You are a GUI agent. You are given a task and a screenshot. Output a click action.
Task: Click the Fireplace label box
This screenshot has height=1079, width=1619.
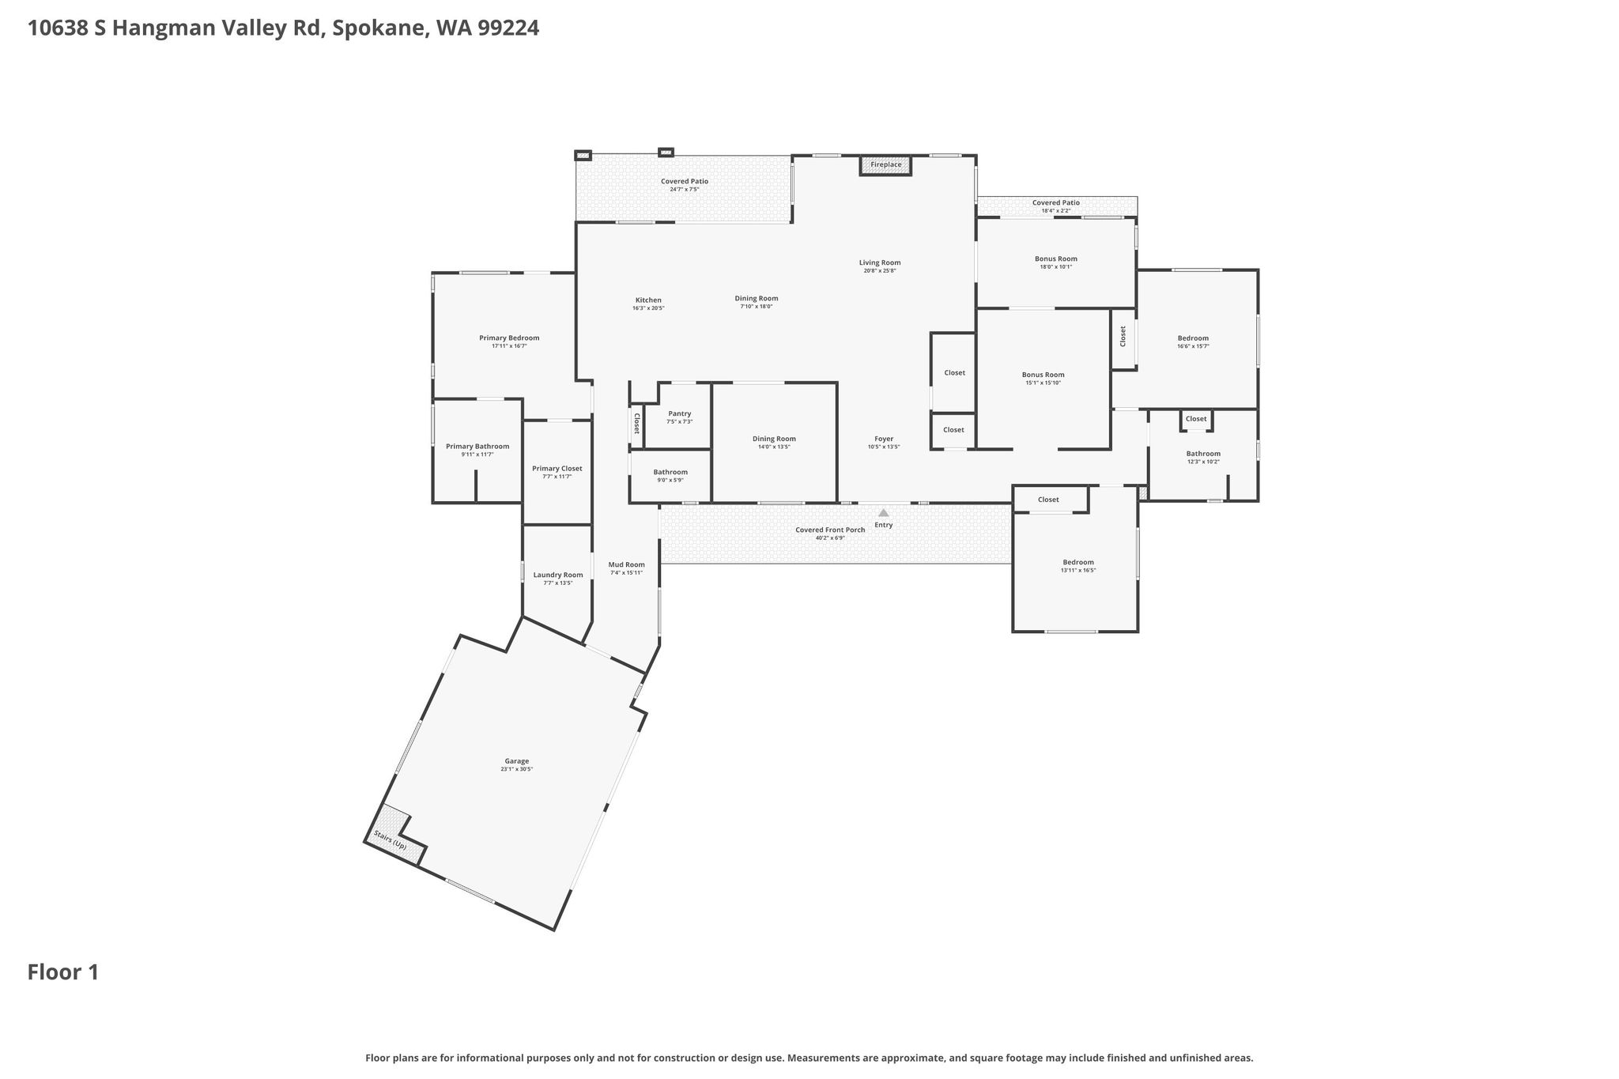885,165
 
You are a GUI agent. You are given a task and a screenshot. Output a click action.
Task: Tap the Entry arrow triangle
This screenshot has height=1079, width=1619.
884,513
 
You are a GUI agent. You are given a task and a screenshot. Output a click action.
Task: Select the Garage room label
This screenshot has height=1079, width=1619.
517,761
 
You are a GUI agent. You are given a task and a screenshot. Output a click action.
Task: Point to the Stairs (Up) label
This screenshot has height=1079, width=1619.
390,840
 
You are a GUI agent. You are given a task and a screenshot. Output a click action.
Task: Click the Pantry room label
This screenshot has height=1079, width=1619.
680,413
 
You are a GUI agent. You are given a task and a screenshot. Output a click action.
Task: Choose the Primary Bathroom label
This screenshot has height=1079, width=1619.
477,447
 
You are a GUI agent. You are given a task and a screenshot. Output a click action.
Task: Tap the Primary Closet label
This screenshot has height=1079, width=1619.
557,469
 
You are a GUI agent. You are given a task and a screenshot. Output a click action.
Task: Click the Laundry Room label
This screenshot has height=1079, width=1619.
558,575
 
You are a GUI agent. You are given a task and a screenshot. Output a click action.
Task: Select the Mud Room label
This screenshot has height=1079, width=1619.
626,565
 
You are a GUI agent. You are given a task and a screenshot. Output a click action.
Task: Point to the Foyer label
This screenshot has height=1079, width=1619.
884,439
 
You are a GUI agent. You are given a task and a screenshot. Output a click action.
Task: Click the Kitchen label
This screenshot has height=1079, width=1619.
648,300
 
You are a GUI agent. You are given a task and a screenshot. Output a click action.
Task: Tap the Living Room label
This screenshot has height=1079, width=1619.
880,263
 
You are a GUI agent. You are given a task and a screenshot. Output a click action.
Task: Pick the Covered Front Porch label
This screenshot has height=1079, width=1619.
830,530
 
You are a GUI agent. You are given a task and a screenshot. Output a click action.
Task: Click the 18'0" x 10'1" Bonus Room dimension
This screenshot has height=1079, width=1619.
1056,267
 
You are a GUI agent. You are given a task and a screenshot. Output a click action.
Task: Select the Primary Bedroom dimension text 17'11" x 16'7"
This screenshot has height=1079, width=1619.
509,346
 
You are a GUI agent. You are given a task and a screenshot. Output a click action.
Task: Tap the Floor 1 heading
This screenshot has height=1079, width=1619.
63,972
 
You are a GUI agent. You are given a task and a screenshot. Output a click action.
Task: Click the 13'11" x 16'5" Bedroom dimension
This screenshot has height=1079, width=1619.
1078,571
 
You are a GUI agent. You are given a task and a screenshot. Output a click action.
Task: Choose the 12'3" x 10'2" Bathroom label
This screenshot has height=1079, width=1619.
1203,454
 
